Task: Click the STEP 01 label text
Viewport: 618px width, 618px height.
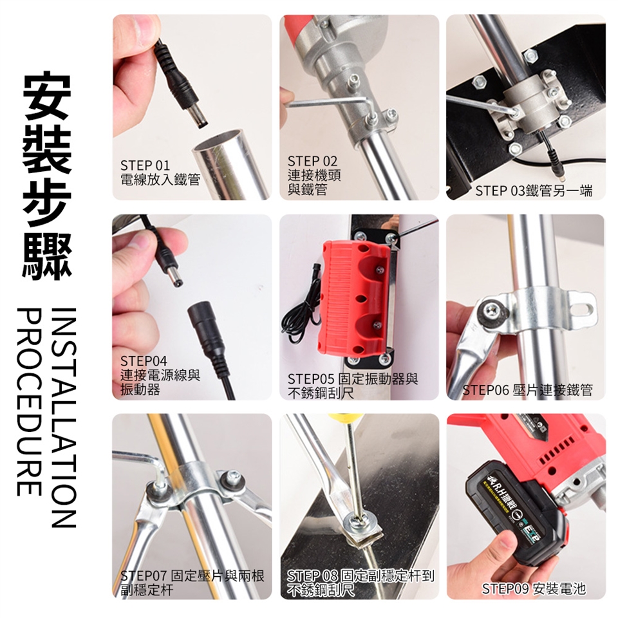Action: (145, 165)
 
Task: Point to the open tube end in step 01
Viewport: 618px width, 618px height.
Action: (221, 142)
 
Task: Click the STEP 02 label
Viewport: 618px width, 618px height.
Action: (313, 161)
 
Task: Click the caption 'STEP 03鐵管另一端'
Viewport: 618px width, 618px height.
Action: (534, 191)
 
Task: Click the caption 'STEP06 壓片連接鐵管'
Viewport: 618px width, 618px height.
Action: (527, 390)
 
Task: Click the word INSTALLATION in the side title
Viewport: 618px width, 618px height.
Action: (63, 417)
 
